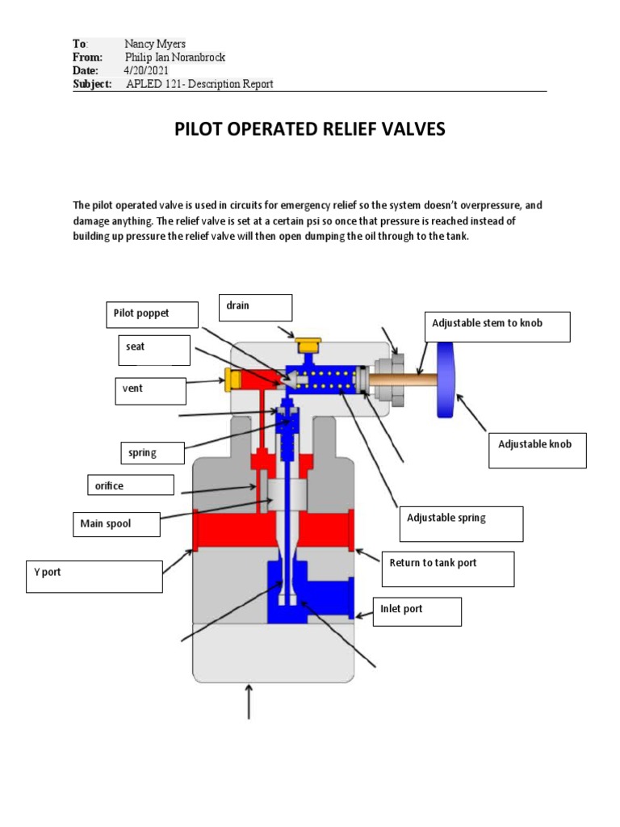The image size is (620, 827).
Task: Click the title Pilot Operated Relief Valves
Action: tap(310, 129)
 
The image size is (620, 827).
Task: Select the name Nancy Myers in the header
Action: tap(155, 44)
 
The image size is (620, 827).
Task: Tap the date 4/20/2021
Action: tap(143, 70)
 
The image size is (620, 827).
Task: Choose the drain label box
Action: tap(254, 307)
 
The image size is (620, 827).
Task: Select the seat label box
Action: tap(153, 350)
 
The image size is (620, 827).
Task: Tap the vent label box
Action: tap(150, 391)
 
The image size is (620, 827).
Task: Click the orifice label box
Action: tap(130, 485)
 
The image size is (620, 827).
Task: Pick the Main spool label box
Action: tap(115, 524)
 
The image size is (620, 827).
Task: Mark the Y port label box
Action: tap(94, 577)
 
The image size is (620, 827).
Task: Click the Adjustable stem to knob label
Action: tap(496, 326)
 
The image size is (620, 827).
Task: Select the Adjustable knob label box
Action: tap(537, 450)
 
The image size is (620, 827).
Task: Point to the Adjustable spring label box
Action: tap(460, 523)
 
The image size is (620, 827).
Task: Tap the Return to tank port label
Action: tap(447, 568)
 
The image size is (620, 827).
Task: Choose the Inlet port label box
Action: tap(417, 611)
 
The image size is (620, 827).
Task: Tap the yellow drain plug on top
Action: tap(308, 346)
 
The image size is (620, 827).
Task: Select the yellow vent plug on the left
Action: tap(233, 378)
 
